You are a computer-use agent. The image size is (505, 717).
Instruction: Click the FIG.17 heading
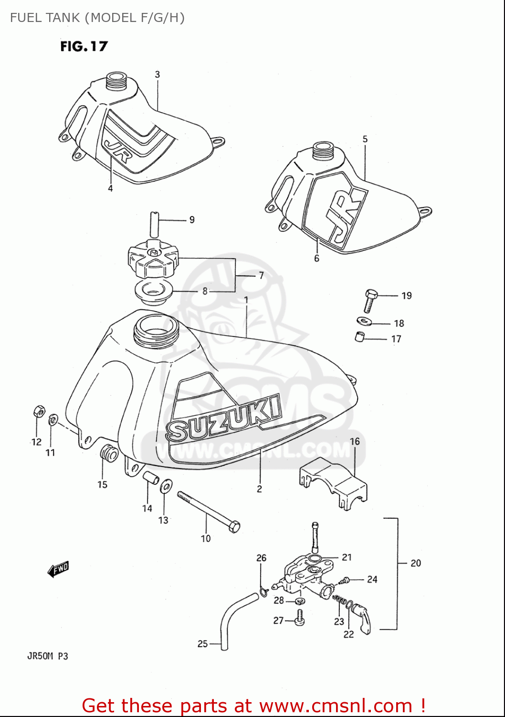[84, 46]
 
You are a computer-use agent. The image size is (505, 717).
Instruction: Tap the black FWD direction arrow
[58, 569]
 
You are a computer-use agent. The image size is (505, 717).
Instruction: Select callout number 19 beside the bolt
[406, 296]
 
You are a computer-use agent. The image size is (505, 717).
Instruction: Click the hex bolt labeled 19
[370, 300]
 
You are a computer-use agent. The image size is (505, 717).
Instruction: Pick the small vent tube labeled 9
[154, 224]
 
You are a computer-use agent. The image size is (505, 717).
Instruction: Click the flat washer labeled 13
[166, 486]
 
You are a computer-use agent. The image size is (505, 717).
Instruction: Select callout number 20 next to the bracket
[415, 563]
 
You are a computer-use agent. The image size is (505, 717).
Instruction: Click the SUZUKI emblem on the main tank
[223, 419]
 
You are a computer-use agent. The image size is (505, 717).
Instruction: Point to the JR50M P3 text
[47, 656]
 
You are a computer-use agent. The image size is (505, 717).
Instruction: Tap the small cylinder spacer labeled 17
[360, 337]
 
